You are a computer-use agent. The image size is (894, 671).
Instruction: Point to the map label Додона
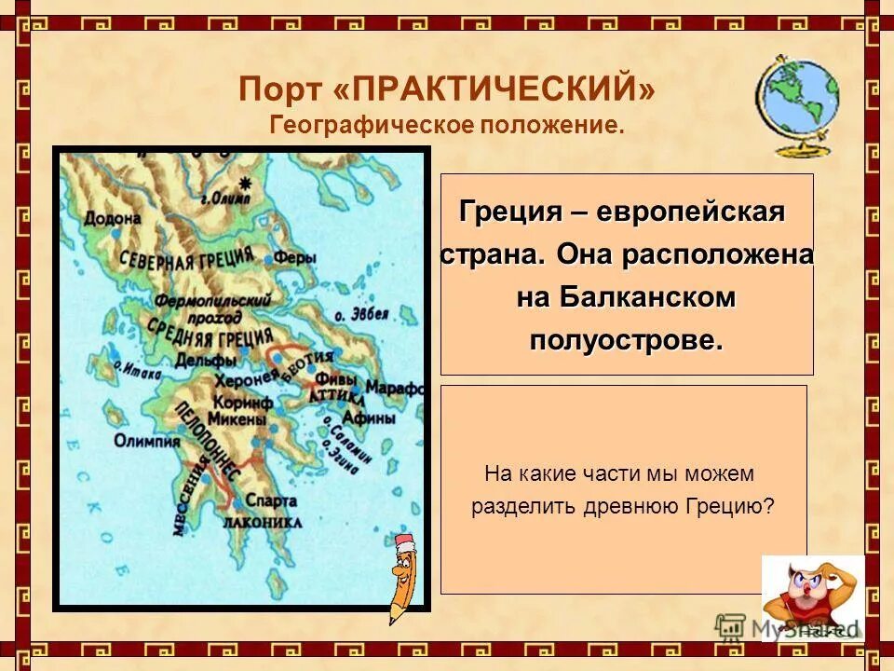pos(113,218)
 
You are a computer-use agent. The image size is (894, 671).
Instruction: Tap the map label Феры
pos(295,258)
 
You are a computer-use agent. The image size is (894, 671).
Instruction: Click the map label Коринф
pos(242,403)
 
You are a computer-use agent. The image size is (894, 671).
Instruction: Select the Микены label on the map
pos(242,420)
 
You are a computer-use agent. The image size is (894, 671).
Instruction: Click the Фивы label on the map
pos(331,379)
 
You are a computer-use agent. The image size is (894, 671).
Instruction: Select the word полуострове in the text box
pos(626,340)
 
